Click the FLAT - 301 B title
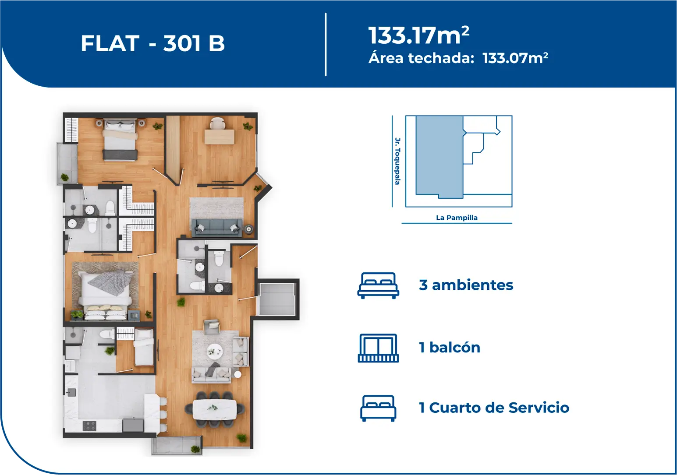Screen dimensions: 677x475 pos(152,43)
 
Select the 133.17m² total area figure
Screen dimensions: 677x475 pos(418,35)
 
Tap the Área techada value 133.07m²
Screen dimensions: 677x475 pos(515,58)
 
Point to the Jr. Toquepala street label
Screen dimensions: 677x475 pos(397,161)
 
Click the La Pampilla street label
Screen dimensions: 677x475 pos(457,218)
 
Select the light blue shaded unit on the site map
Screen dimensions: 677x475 pos(440,157)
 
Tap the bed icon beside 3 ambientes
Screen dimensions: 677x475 pos(378,285)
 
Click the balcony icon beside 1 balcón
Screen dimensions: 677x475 pos(378,348)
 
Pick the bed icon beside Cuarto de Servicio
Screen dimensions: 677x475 pos(378,408)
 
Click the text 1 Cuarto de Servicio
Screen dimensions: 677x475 pos(494,408)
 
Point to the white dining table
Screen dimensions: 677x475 pos(215,409)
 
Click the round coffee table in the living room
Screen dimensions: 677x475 pos(215,352)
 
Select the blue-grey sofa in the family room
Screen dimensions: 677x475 pos(217,228)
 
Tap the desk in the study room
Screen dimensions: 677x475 pos(220,137)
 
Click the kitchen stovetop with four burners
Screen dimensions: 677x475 pos(89,426)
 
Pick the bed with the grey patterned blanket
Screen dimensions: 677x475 pos(106,289)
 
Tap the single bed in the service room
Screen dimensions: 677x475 pos(144,348)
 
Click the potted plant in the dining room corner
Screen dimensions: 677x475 pos(241,438)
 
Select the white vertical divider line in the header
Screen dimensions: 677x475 pos(326,44)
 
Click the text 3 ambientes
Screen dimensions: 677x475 pos(466,285)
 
